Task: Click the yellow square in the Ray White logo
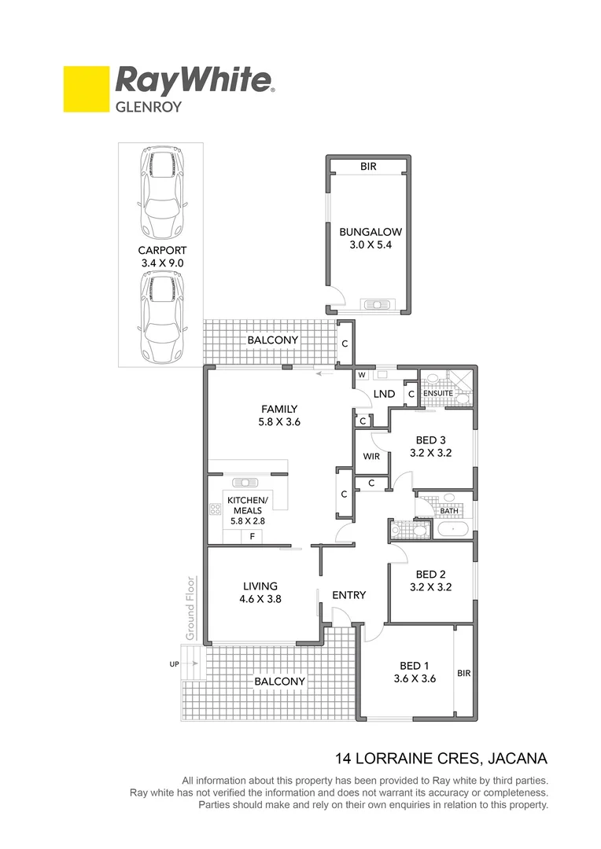86,89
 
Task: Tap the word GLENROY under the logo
149,106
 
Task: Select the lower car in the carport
160,317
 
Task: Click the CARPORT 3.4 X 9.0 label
160,257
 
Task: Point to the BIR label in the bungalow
368,167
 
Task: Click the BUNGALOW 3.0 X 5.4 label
370,238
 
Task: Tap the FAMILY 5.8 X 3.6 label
279,414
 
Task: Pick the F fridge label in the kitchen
252,536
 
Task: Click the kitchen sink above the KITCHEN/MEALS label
245,482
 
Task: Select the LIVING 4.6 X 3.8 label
260,592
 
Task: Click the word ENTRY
348,595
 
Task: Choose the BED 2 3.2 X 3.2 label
431,580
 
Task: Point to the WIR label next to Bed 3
371,456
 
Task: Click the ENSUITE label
438,393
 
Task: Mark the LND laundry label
384,394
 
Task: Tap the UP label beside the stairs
174,664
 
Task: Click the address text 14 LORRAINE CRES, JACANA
441,759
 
